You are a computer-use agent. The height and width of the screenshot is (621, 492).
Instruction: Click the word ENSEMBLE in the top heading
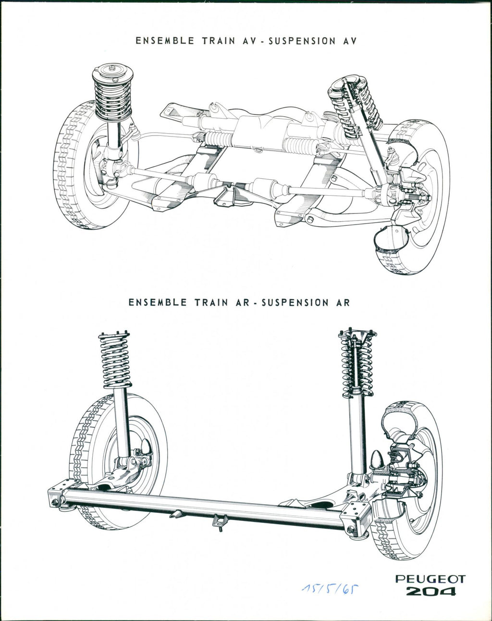(164, 41)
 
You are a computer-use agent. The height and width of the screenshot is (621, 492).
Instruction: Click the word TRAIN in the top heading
(219, 41)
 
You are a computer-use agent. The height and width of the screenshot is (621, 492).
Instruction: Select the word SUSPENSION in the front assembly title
(302, 41)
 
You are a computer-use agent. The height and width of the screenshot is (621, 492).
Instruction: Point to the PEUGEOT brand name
(430, 579)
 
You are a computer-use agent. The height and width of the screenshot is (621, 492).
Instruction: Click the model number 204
(430, 591)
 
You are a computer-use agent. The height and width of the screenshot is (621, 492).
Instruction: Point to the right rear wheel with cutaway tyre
(413, 481)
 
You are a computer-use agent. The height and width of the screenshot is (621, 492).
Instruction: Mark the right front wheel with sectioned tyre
(418, 192)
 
